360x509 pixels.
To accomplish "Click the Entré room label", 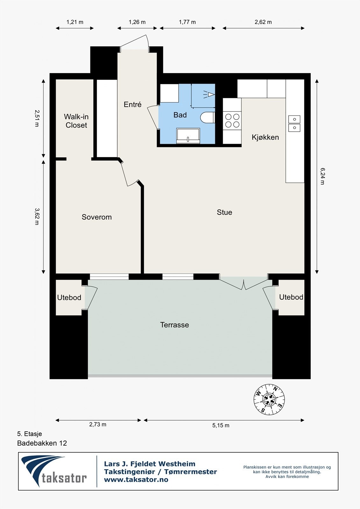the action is coord(133,104).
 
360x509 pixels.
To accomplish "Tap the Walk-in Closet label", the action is coord(76,121).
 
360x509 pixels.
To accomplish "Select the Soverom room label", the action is coord(97,217).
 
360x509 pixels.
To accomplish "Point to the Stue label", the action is coord(224,212).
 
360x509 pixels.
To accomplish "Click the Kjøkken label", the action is coord(265,137).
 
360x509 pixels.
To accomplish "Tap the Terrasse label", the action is coord(174,325).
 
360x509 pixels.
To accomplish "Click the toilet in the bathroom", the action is coord(208,117).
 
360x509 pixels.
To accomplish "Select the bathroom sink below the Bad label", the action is coord(188,136).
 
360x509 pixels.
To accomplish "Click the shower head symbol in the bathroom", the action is coord(209,94).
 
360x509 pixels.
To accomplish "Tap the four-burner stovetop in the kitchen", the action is coord(232,121).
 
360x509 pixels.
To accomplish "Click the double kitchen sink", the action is coord(294,123).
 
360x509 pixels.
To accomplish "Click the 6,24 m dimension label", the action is coord(322,176).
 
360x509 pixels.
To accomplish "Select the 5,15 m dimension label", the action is coord(221,425).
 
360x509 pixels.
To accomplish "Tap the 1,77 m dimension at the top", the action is coord(187,22).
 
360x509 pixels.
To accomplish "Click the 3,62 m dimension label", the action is coord(37,216).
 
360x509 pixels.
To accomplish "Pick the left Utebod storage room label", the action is coord(69,297).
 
